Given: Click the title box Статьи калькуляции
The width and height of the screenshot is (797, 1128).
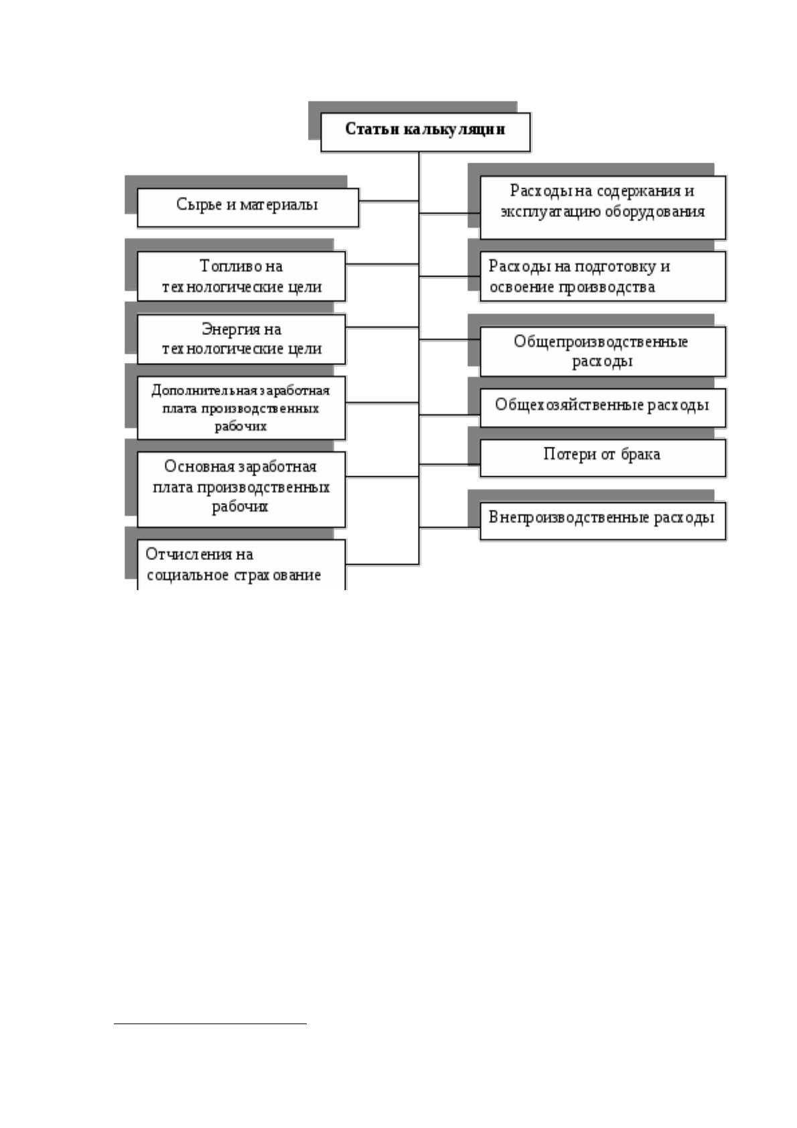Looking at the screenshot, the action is coord(425,132).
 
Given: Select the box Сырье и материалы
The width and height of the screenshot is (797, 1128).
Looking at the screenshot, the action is coord(248,208).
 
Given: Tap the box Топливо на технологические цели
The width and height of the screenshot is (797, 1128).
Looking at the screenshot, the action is coord(241,277).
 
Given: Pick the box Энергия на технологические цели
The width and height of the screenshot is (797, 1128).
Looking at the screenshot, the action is coord(241,339).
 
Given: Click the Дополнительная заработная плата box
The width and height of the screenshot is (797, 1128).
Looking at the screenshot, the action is coord(241,408).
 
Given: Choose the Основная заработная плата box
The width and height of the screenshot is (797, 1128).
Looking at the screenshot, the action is coord(241,489).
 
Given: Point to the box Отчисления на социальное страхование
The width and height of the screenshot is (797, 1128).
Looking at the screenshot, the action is coord(241,565).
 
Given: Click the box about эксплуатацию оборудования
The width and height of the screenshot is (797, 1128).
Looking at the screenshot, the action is coord(603,208).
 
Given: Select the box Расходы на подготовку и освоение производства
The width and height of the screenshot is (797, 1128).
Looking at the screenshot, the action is coord(603,277).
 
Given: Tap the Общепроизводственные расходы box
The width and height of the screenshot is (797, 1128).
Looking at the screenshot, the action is coord(603,352).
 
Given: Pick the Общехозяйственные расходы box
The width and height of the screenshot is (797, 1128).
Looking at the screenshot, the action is coord(603,407).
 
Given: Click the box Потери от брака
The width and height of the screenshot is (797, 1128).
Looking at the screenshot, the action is coord(603,457).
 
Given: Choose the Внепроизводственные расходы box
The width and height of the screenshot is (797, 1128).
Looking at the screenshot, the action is coord(603,520).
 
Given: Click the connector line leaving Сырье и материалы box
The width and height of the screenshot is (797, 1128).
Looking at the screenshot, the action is coord(389,201).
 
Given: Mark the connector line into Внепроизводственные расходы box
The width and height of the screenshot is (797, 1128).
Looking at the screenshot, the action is coord(449,527).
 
